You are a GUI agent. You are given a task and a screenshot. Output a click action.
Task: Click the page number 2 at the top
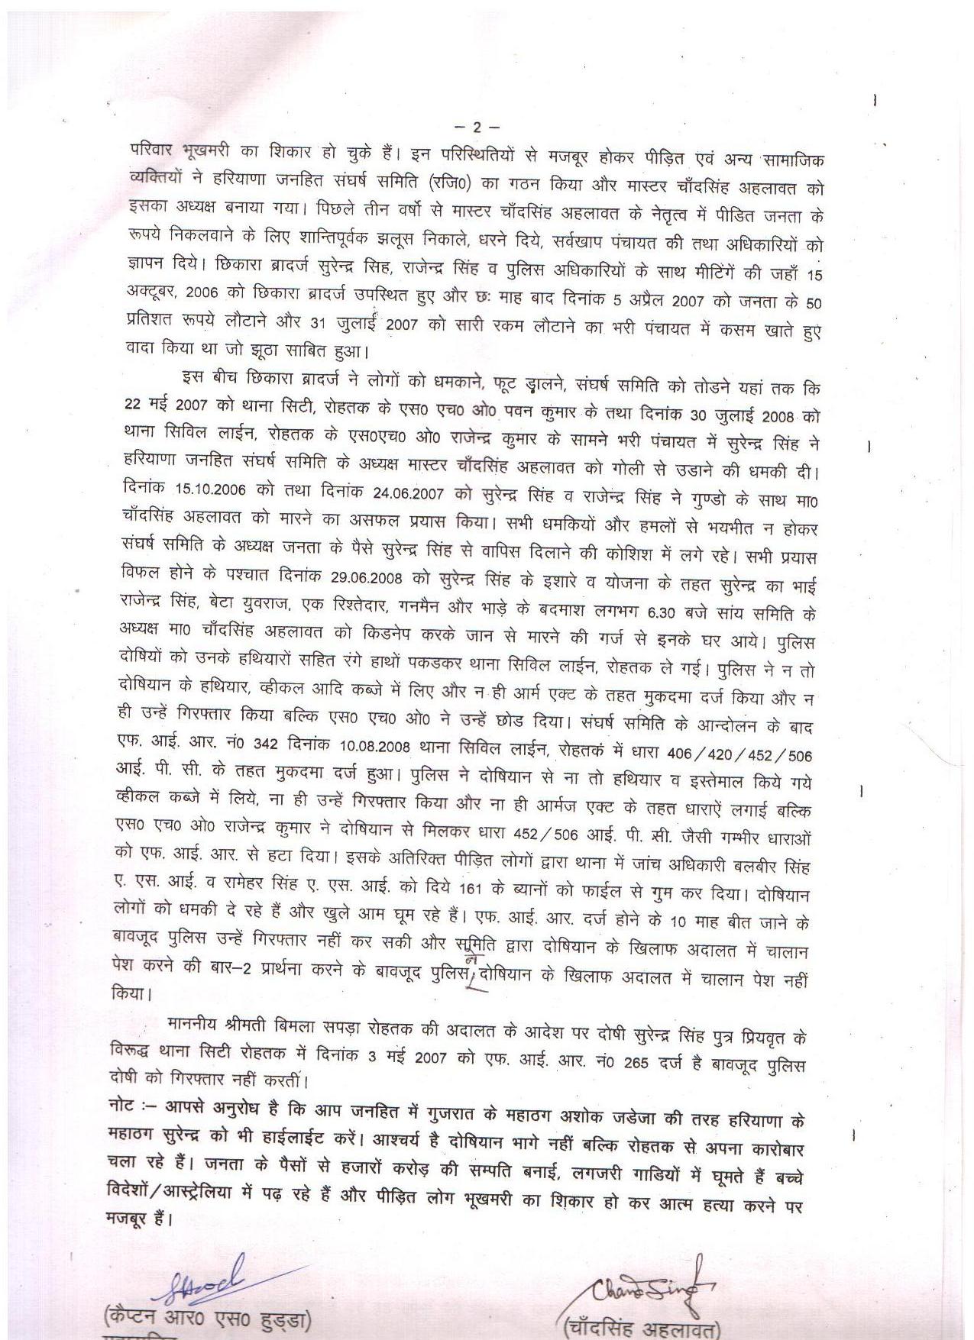click(x=477, y=127)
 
